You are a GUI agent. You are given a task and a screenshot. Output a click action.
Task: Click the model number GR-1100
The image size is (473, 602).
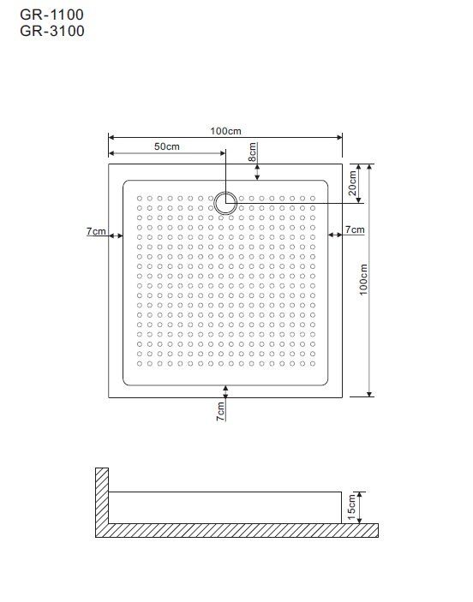click(x=52, y=15)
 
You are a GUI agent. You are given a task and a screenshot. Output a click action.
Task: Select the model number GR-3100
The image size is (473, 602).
click(x=52, y=31)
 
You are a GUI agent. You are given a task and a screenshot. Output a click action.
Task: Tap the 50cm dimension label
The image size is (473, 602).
click(x=167, y=146)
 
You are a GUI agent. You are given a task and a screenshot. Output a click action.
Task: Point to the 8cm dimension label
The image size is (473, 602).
click(x=253, y=152)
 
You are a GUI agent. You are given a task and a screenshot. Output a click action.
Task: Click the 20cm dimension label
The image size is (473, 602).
click(x=353, y=182)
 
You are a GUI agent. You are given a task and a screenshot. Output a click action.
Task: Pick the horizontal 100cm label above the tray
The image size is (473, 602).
click(x=225, y=131)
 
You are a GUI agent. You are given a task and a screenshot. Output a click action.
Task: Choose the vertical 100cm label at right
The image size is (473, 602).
click(x=363, y=279)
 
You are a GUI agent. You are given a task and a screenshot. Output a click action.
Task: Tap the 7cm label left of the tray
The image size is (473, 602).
click(x=96, y=231)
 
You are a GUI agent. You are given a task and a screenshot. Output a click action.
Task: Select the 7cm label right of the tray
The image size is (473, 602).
click(x=355, y=229)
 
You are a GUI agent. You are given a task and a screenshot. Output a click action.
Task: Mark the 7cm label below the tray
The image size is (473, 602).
click(x=220, y=412)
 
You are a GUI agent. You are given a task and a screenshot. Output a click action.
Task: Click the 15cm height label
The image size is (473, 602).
click(x=351, y=507)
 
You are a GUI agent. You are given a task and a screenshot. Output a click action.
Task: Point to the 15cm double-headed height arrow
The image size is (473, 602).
click(x=359, y=508)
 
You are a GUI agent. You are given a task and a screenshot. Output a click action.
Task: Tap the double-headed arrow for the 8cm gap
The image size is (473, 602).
click(x=257, y=172)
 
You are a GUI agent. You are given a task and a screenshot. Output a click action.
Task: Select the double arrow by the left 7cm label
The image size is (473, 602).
click(x=116, y=235)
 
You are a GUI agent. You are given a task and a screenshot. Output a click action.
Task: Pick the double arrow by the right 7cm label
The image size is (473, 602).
click(x=335, y=235)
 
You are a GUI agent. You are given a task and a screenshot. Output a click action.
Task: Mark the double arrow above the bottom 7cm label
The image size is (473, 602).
click(x=225, y=391)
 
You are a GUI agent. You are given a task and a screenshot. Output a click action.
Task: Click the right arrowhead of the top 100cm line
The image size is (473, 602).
click(x=339, y=137)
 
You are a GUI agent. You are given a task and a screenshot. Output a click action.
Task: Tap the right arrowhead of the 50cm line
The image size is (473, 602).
click(x=223, y=153)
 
